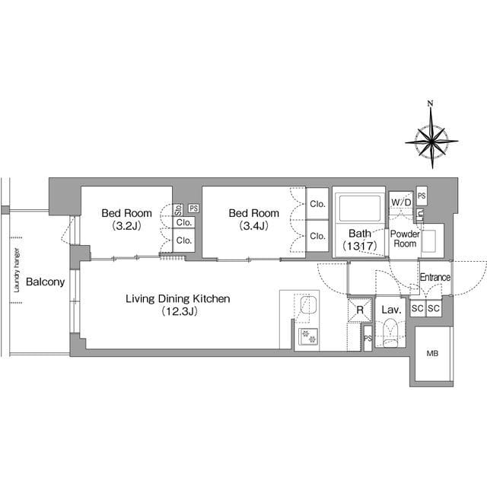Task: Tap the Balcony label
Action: (46, 282)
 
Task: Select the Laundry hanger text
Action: (17, 270)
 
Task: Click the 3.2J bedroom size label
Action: (127, 226)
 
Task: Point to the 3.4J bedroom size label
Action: (253, 226)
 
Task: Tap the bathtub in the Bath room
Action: (360, 208)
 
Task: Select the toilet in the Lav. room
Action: (390, 333)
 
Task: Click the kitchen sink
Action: (307, 304)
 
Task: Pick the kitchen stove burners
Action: (308, 336)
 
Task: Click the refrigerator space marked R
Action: (360, 310)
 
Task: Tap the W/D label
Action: (401, 202)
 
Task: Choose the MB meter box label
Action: (432, 353)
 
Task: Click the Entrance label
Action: (435, 277)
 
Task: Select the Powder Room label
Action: (405, 238)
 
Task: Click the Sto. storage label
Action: (178, 210)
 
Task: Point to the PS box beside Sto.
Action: (194, 208)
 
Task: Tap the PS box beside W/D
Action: (422, 196)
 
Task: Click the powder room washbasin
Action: (429, 240)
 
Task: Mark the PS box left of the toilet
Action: (368, 338)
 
